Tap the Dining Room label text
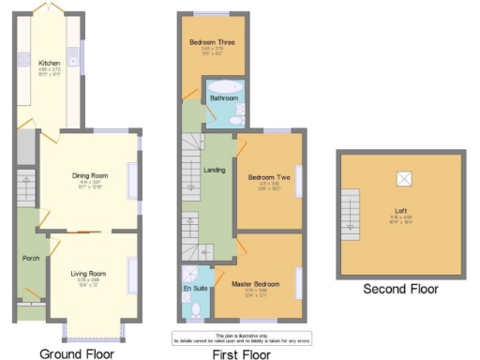point(91,175)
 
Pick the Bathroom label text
point(224,97)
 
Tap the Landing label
point(216,168)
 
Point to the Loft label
point(402,211)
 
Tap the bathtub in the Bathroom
point(226,87)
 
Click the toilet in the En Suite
point(195,308)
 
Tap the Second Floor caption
point(400,290)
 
